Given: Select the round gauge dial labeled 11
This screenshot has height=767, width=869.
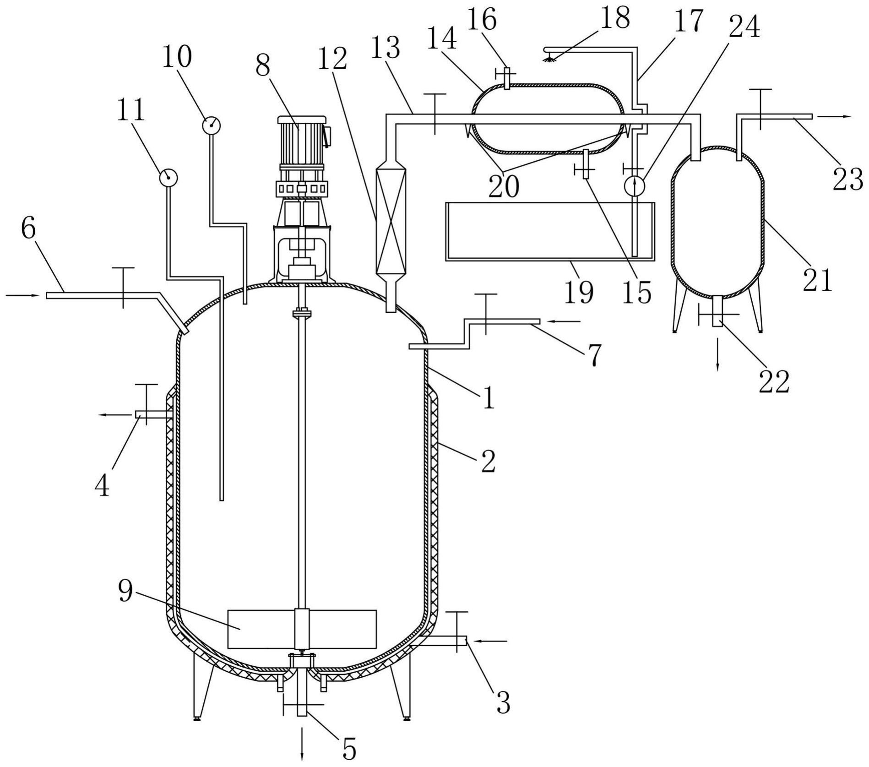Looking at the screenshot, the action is [x=168, y=178].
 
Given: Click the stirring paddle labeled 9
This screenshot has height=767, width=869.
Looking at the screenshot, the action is [x=302, y=629].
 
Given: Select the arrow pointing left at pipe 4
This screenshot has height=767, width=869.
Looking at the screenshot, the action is [x=116, y=415].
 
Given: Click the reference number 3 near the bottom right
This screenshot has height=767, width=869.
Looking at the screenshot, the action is [x=503, y=703].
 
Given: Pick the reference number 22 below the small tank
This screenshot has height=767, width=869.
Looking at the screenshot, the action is [x=774, y=381].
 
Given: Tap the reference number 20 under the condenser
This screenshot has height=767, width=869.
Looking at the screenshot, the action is [x=504, y=186].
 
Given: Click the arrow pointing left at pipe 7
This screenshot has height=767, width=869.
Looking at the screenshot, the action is [x=564, y=322].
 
